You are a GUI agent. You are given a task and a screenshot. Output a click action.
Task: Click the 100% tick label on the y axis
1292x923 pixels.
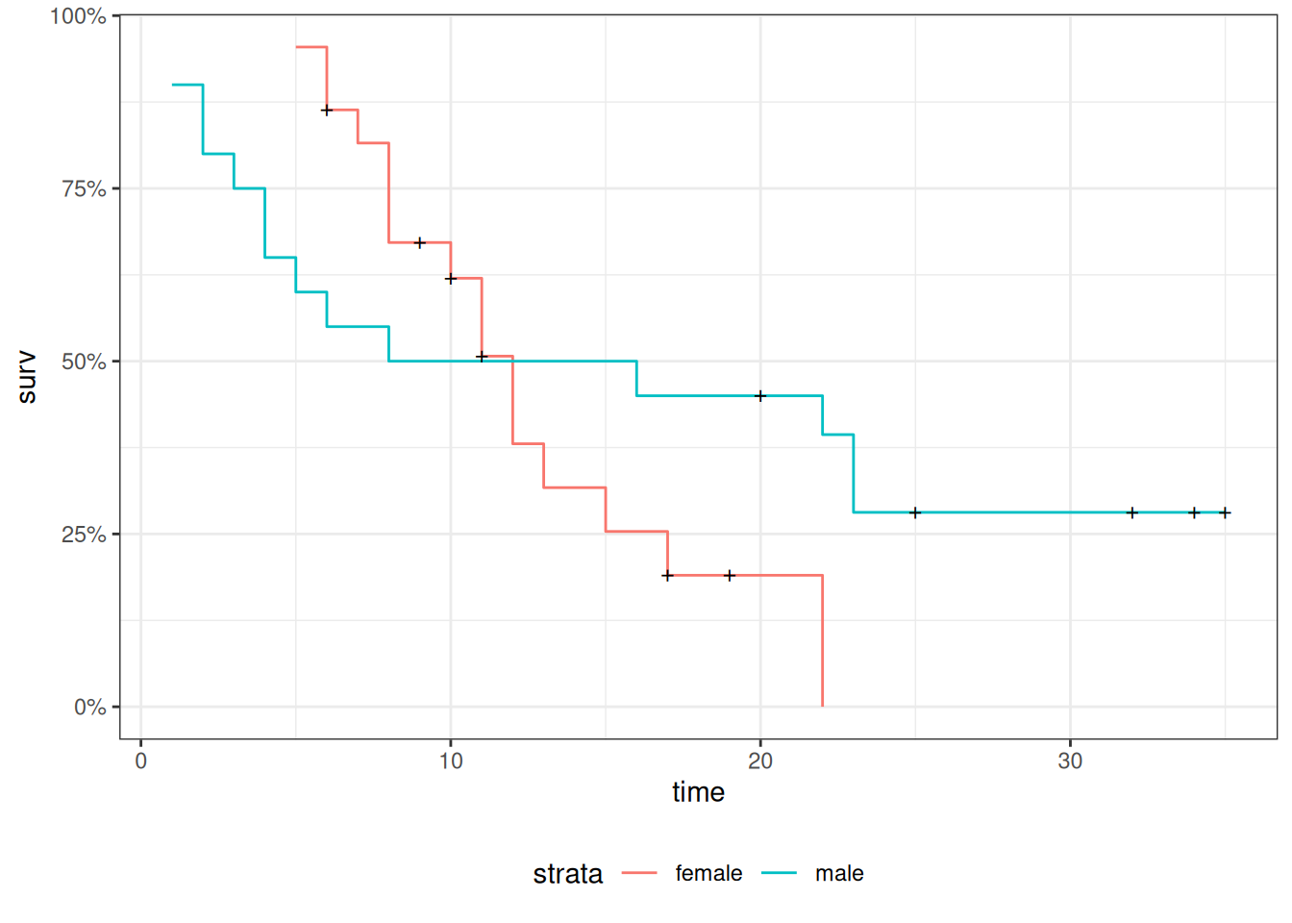pyautogui.click(x=78, y=16)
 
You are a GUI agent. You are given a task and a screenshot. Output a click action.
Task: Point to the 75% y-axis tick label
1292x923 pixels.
pyautogui.click(x=84, y=189)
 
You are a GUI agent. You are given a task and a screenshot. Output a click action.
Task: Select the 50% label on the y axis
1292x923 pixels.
pyautogui.click(x=84, y=362)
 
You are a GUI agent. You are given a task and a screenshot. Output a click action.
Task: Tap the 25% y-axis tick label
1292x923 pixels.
pyautogui.click(x=84, y=535)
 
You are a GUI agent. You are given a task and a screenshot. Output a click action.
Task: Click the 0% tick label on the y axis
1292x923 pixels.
pyautogui.click(x=89, y=708)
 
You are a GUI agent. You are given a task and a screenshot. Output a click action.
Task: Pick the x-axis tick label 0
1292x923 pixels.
pyautogui.click(x=141, y=761)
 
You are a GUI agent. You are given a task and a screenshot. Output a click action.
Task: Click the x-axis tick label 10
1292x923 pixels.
pyautogui.click(x=451, y=761)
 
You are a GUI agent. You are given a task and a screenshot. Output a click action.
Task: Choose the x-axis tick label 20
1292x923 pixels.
pyautogui.click(x=760, y=761)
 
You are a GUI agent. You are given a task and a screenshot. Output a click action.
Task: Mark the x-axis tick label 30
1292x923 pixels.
pyautogui.click(x=1070, y=761)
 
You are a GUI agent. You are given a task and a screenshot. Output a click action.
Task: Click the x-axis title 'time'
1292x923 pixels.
pyautogui.click(x=698, y=792)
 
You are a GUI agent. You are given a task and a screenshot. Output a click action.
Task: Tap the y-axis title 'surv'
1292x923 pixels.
pyautogui.click(x=27, y=377)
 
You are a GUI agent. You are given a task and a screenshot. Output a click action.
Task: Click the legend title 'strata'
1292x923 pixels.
pyautogui.click(x=567, y=874)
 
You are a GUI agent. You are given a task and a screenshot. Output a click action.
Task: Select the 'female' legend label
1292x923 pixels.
pyautogui.click(x=708, y=874)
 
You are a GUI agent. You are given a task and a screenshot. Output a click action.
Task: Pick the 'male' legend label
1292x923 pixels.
pyautogui.click(x=839, y=874)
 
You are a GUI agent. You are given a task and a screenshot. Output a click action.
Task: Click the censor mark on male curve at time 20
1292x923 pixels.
pyautogui.click(x=760, y=396)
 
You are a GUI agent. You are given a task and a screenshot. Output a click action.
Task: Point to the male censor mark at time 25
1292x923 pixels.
pyautogui.click(x=915, y=512)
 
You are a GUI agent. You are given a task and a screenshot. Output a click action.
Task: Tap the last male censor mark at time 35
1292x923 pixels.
pyautogui.click(x=1225, y=512)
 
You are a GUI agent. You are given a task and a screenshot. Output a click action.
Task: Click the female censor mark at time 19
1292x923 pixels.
pyautogui.click(x=730, y=576)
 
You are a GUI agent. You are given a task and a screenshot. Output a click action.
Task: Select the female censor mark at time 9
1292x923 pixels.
pyautogui.click(x=420, y=242)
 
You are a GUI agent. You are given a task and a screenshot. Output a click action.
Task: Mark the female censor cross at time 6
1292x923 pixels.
pyautogui.click(x=327, y=111)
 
